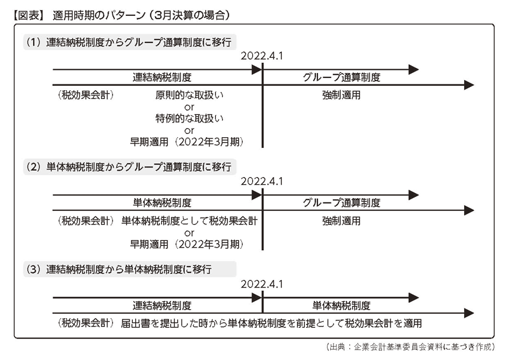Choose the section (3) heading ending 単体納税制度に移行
119,269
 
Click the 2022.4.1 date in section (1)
262,56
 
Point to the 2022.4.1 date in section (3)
262,284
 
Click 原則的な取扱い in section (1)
189,95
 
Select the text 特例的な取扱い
189,119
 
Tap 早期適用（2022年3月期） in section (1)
187,142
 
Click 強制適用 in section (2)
342,221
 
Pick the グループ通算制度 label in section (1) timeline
342,77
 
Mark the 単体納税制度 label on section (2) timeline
162,203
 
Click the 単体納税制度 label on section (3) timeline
342,305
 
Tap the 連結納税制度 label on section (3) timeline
162,305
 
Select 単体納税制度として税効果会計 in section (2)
189,221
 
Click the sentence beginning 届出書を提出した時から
272,323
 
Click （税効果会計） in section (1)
86,95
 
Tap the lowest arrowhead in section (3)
469,314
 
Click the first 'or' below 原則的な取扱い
189,107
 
